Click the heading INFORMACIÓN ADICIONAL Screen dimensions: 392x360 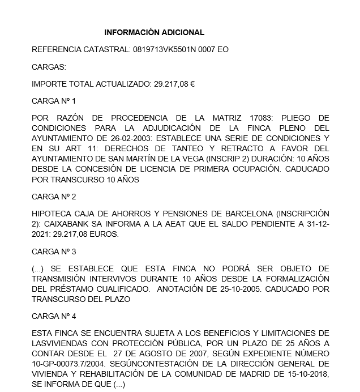(154, 32)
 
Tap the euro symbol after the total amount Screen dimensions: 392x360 (192, 84)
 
